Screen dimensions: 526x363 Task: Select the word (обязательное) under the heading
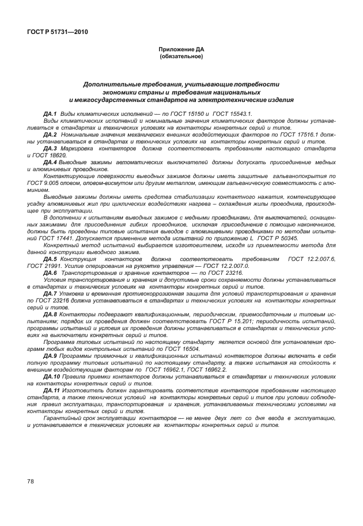pos(181,56)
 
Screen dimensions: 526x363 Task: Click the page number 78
pos(31,480)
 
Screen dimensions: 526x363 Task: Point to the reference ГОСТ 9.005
pos(40,182)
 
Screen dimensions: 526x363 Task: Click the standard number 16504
pos(189,348)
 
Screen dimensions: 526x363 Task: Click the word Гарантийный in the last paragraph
pos(64,418)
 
